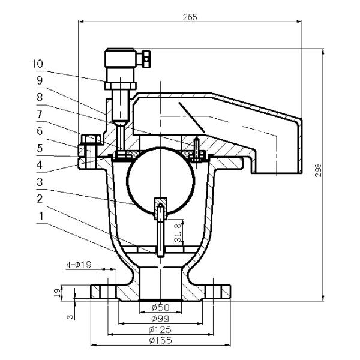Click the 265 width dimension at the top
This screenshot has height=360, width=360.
tap(190, 17)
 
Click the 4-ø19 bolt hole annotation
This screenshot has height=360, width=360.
tap(79, 265)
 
